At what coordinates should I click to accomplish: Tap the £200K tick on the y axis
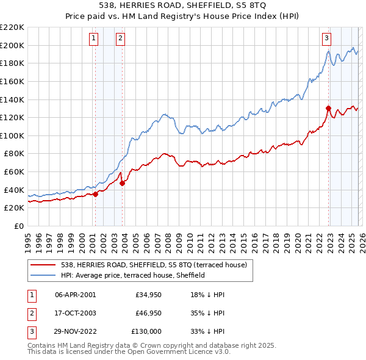point(12,45)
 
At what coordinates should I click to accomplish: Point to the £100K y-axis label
point(12,135)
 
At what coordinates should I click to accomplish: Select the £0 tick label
point(19,226)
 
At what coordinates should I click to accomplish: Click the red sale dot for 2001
point(95,194)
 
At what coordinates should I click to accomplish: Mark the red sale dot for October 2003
point(123,183)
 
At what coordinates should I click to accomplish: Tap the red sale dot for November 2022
point(328,109)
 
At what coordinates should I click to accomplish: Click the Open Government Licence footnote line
point(129,352)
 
